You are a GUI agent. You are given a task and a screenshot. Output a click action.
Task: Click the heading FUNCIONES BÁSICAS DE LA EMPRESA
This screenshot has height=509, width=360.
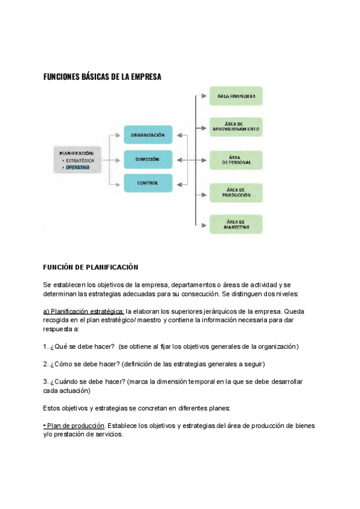(x=103, y=77)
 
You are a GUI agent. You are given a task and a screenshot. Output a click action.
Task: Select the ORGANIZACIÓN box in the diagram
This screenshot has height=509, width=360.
(x=148, y=135)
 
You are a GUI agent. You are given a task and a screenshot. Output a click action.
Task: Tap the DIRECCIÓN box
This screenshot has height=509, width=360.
(x=148, y=159)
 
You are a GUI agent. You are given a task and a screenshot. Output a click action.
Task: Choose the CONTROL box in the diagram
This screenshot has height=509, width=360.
(x=148, y=182)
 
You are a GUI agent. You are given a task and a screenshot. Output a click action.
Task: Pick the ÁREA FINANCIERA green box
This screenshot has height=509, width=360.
(x=236, y=96)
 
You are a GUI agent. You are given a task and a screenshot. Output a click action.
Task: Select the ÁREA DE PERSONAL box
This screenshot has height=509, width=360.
(x=236, y=160)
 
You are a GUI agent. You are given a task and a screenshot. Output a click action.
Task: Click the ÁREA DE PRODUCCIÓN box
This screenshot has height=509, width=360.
(x=236, y=192)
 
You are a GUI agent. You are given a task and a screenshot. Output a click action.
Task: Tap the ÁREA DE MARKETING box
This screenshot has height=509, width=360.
(x=236, y=224)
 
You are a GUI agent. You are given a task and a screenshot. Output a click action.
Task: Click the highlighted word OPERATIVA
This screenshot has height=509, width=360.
(x=78, y=168)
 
